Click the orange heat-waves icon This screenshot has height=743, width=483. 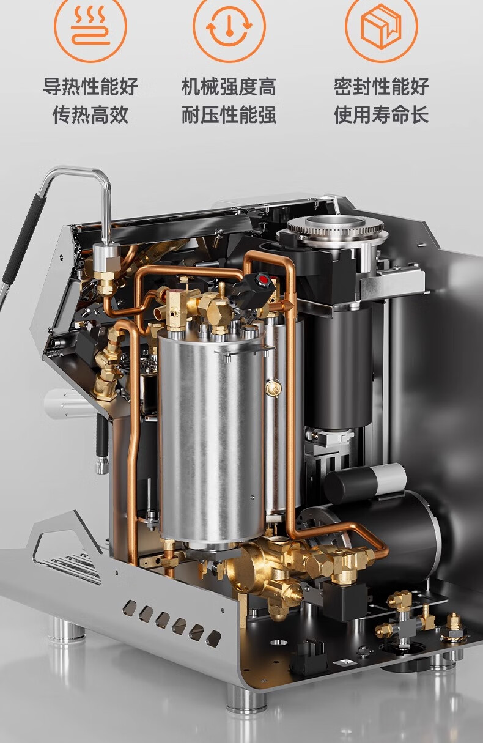coord(90,26)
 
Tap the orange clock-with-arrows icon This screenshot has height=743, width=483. coord(229,26)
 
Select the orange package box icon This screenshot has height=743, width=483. coord(381,26)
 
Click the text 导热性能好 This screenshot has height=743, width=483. coord(90,87)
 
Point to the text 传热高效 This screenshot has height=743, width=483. coord(90,115)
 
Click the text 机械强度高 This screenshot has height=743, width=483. coord(229,87)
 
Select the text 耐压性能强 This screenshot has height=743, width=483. coord(229,115)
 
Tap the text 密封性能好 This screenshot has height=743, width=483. coord(381,87)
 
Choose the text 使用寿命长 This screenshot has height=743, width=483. coord(381,115)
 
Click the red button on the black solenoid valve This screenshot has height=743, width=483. coord(264,279)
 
